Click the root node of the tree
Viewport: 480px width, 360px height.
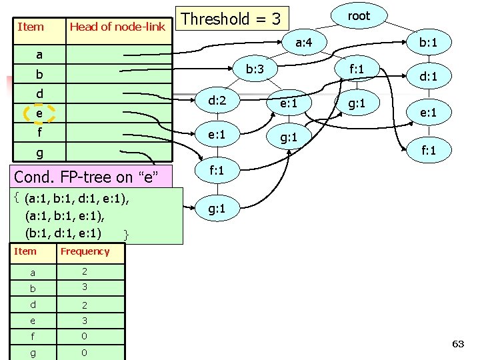[359, 16]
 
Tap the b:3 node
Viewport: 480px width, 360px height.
[255, 69]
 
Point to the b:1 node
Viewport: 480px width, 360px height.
[427, 43]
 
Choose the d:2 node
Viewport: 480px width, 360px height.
[217, 101]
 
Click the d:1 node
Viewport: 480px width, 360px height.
[427, 77]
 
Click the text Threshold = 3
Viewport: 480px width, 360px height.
[231, 19]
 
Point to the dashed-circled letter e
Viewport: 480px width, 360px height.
[39, 114]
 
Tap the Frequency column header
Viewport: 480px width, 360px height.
[85, 251]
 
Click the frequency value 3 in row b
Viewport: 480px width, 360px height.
[84, 287]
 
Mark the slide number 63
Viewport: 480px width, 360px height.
[458, 344]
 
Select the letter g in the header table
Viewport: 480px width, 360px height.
[39, 153]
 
